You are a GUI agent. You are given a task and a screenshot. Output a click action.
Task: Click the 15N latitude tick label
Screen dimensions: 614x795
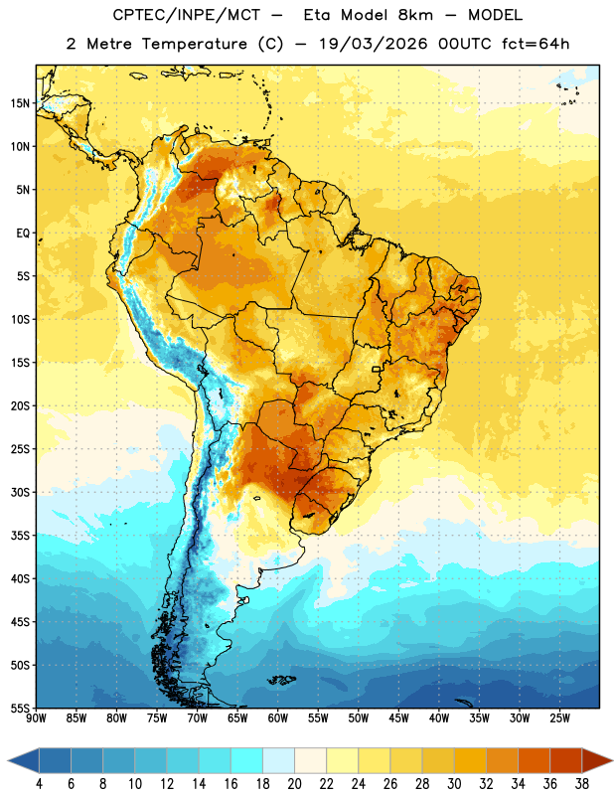coord(20,103)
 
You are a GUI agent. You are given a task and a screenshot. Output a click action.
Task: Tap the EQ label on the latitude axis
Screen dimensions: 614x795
coord(23,234)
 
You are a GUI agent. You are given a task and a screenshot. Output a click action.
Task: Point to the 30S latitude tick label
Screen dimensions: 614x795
coord(20,492)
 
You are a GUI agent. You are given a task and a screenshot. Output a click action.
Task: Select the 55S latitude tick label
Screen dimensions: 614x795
coord(20,708)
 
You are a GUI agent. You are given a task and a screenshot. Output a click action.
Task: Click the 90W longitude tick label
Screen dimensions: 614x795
coord(36,718)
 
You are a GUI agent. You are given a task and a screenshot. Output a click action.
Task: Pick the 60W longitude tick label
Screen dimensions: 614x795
coord(278,718)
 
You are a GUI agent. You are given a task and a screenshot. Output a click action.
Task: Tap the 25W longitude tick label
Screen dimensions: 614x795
coord(559,718)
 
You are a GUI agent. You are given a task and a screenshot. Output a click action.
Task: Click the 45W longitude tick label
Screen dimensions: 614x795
coord(398,718)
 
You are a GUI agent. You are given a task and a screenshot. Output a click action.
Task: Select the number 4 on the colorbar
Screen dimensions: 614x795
coord(39,784)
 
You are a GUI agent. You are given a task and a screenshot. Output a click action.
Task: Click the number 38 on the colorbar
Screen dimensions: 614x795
coord(582,784)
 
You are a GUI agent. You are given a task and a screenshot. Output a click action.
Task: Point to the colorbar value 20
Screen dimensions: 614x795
coord(294,784)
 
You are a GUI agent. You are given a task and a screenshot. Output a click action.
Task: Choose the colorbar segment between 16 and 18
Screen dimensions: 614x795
coord(247,761)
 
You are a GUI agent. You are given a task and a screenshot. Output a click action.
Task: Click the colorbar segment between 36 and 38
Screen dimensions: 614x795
coord(566,761)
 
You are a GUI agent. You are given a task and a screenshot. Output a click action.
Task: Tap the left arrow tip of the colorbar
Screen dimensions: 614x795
coord(8,761)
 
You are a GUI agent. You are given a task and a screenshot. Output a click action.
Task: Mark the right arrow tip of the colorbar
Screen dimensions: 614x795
coord(612,761)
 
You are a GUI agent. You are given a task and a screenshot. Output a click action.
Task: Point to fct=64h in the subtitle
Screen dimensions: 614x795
coord(536,44)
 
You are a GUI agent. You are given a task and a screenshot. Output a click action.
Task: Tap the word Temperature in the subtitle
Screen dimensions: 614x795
coord(194,44)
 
